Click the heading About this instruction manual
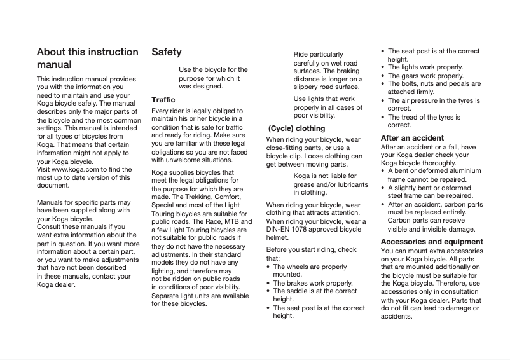[x=87, y=58]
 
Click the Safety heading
[x=166, y=52]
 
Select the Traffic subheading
[x=163, y=100]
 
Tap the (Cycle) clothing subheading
[x=296, y=128]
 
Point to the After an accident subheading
[x=412, y=137]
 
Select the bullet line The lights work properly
[x=425, y=67]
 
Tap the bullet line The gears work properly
[x=425, y=76]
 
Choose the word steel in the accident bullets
[x=397, y=196]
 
